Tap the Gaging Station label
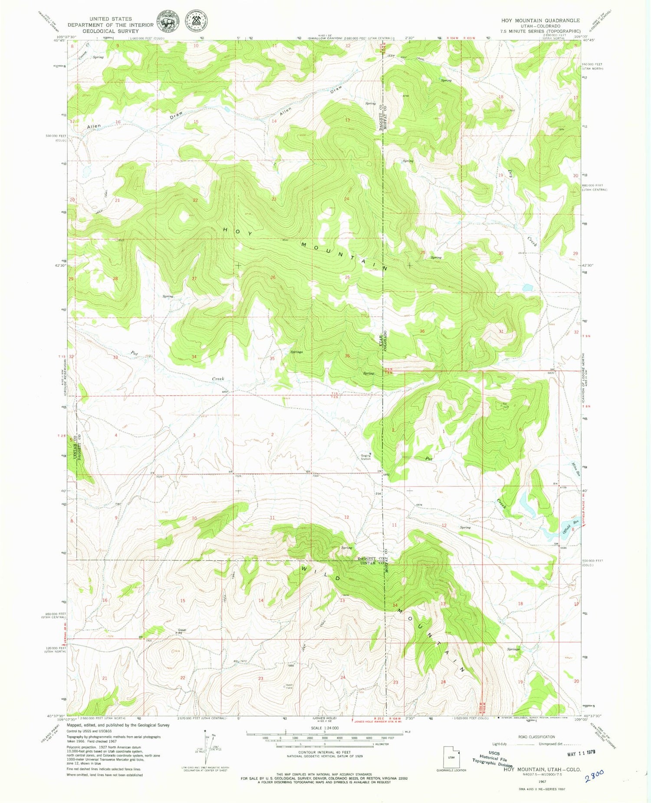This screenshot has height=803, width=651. [x=365, y=456]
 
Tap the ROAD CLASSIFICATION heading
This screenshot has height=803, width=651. [x=536, y=737]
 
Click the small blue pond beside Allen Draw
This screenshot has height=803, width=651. [x=227, y=109]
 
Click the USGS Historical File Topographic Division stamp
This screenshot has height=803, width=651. [x=493, y=760]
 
